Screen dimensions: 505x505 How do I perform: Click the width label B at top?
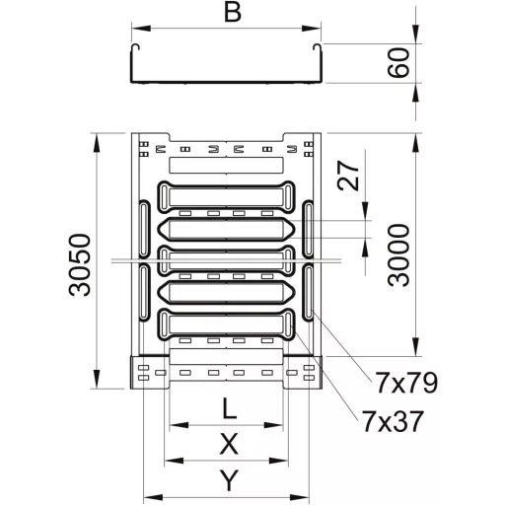pos(233,12)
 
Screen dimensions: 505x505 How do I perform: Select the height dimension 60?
pos(398,62)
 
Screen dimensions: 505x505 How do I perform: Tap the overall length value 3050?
pos(79,265)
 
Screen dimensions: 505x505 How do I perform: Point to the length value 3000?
pos(398,255)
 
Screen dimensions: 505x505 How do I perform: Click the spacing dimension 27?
pos(348,176)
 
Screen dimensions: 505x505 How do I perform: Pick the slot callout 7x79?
pos(406,383)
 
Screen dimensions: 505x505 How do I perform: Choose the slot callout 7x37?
pos(393,421)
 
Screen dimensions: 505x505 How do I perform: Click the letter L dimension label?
pos(230,408)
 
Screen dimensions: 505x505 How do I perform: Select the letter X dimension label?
pos(229,444)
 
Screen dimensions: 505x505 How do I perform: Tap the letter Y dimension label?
pos(229,480)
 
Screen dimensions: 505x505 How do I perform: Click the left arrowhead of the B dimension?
pos(141,29)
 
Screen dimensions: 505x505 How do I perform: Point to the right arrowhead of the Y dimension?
pos(300,496)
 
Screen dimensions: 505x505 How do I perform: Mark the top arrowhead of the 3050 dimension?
pos(97,143)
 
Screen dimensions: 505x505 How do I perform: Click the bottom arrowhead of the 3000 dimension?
pos(416,346)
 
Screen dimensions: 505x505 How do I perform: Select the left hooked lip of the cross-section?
pos(134,47)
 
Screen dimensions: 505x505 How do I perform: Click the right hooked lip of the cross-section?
pos(318,47)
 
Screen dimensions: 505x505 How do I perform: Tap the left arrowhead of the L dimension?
pos(179,425)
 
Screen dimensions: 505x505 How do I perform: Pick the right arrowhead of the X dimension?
pos(279,461)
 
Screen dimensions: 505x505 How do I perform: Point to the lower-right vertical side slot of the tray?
pos(309,292)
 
